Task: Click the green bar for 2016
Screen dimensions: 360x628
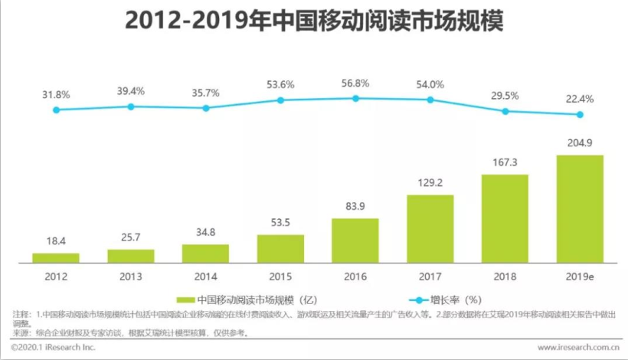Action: coord(355,241)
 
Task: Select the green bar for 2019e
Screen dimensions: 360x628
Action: coord(580,208)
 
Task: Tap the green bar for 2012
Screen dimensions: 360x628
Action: coord(56,257)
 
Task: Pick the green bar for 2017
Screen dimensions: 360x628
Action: coord(430,228)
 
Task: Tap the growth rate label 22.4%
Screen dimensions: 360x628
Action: coord(580,98)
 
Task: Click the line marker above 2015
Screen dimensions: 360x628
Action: coord(280,100)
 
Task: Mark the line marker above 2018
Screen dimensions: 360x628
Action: coord(505,111)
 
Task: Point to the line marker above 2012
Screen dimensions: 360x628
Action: coord(56,110)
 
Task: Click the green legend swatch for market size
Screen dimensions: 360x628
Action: coord(184,299)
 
